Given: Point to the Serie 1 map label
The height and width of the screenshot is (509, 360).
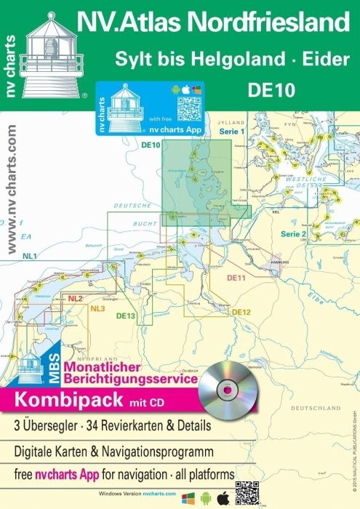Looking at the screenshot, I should (x=231, y=131).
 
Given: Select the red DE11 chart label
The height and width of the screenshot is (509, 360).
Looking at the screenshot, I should (x=237, y=278).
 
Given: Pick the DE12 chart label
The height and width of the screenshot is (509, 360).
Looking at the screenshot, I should (x=241, y=312).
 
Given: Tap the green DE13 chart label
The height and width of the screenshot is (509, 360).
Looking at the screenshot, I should (x=126, y=315).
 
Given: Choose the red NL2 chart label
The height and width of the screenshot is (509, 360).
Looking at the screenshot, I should (x=75, y=299).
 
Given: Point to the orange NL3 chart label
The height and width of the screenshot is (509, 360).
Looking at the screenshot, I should (x=98, y=310).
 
